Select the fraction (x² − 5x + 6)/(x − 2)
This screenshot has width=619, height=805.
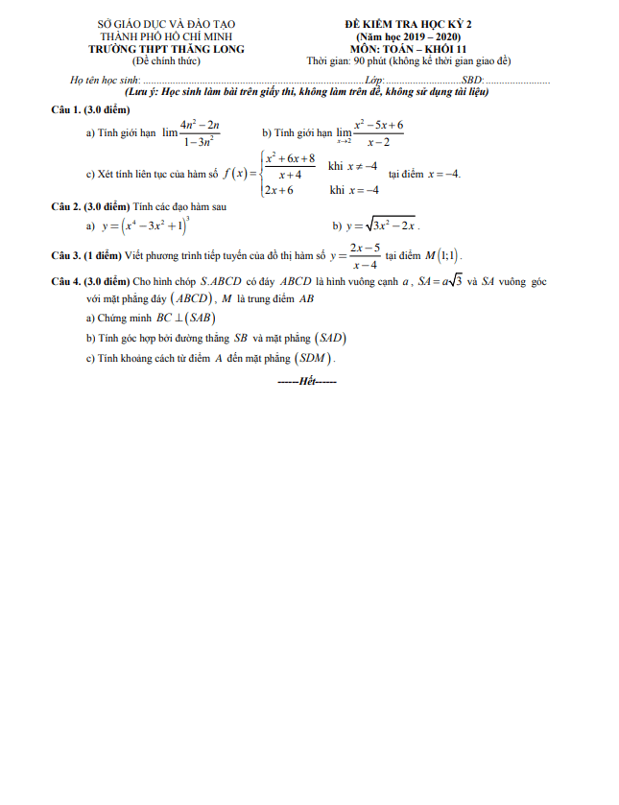378,133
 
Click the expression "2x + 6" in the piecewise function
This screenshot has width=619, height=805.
279,190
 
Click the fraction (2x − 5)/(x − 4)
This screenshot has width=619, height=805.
364,255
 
